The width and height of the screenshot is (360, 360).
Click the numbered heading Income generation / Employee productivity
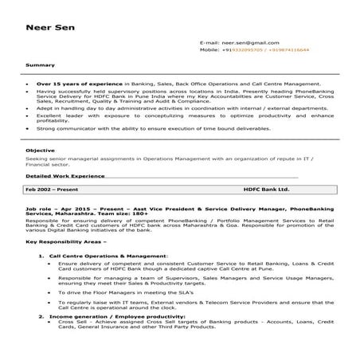pyautogui.click(x=114, y=316)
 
